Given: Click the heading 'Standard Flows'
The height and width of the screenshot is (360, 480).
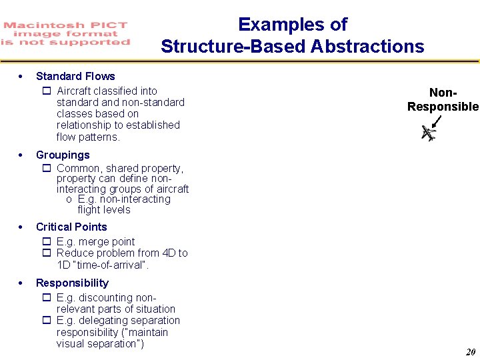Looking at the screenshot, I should [75, 76].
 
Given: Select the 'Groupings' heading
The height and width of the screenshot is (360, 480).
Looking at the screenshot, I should [62, 155].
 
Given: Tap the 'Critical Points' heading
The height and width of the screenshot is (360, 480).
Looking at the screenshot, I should [71, 227].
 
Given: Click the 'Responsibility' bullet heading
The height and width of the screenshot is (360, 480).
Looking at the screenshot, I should [72, 283].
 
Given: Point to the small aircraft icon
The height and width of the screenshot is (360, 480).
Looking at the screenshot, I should [428, 133].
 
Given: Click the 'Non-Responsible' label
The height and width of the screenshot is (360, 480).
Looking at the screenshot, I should [443, 101].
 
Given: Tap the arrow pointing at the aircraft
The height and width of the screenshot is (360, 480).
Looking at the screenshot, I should [437, 121].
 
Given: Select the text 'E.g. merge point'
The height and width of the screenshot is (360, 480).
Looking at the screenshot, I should [95, 241].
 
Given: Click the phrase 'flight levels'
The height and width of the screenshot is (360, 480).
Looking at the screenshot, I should [103, 209].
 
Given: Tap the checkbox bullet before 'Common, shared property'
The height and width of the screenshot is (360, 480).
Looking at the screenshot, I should [47, 169].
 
